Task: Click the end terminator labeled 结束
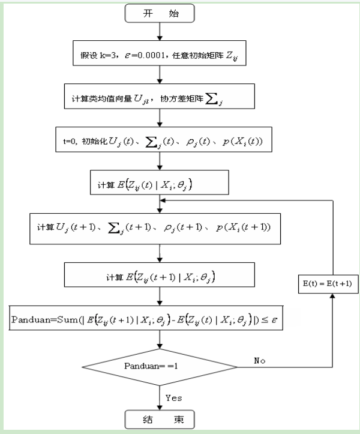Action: [x=159, y=418]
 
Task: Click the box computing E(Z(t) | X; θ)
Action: [x=159, y=182]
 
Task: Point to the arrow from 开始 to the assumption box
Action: [x=159, y=31]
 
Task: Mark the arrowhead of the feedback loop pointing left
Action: [x=163, y=202]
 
